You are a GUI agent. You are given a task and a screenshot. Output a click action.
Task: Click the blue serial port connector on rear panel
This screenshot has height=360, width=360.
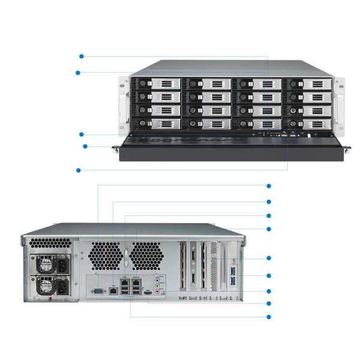click(x=98, y=291)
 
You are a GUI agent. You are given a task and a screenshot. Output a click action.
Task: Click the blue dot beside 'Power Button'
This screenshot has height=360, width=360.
click(x=82, y=56)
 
